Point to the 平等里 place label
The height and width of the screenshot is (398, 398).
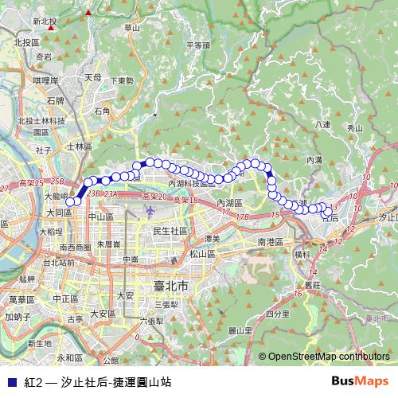click(197, 45)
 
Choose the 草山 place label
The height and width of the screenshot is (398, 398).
click(132, 28)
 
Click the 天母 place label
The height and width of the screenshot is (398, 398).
click(93, 77)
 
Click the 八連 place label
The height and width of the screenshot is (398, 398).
click(322, 124)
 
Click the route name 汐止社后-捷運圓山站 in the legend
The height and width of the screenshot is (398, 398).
click(110, 382)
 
